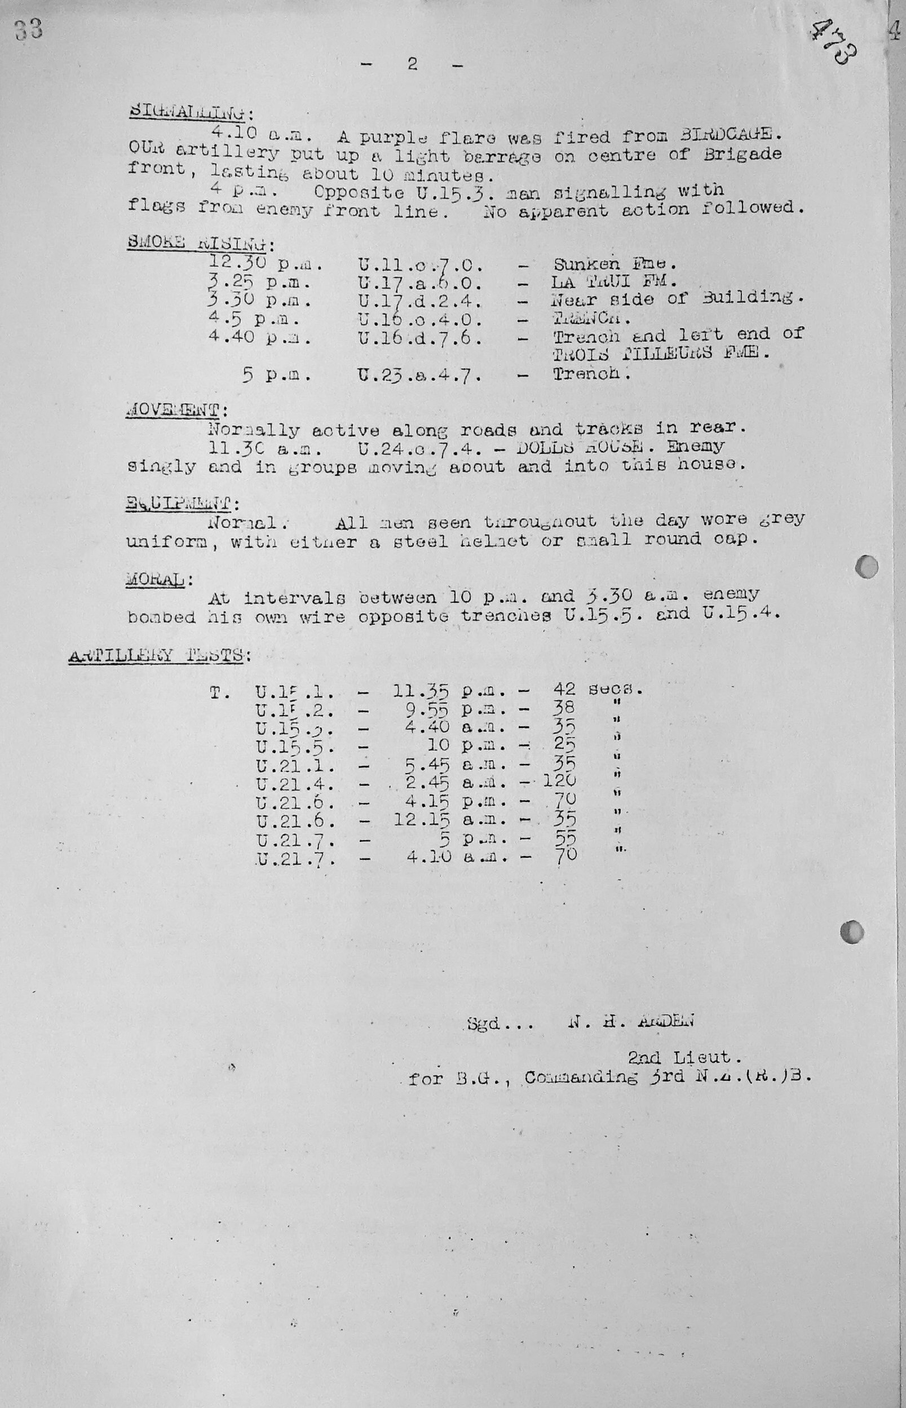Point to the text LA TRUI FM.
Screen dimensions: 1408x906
click(614, 281)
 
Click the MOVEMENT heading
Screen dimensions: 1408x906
click(173, 410)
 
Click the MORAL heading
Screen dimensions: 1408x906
click(157, 579)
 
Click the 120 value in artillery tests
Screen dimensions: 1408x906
click(558, 781)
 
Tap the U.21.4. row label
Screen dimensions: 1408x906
click(295, 784)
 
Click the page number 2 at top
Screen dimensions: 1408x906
click(412, 64)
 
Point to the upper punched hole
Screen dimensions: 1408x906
click(867, 567)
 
